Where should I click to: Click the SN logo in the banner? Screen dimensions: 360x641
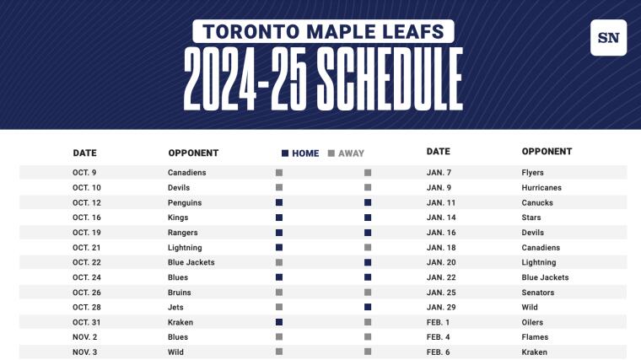click(x=608, y=37)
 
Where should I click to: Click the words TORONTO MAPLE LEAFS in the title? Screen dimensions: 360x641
click(x=324, y=32)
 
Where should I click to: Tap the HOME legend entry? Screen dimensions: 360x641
click(x=300, y=153)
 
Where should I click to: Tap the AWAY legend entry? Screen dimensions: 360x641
click(x=347, y=153)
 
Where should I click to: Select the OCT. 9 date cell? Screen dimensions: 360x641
click(x=85, y=173)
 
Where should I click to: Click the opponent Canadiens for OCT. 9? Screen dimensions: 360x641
click(x=186, y=173)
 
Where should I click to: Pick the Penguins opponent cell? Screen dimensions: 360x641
click(x=186, y=203)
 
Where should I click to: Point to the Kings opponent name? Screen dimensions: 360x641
click(x=178, y=218)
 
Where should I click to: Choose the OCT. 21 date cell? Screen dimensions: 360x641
click(x=87, y=248)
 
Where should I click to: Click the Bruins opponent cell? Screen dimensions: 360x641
click(x=180, y=293)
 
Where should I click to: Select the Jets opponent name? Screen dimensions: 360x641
click(x=176, y=307)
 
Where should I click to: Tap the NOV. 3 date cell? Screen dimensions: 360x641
click(x=85, y=352)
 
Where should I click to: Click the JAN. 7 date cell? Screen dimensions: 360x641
click(x=439, y=173)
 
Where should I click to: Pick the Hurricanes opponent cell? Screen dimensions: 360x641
click(x=541, y=188)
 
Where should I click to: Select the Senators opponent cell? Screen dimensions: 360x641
click(x=540, y=293)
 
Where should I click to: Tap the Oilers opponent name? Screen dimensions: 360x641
click(x=532, y=322)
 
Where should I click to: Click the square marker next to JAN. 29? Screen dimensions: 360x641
click(x=368, y=307)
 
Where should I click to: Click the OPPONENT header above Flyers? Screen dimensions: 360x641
click(x=547, y=152)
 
